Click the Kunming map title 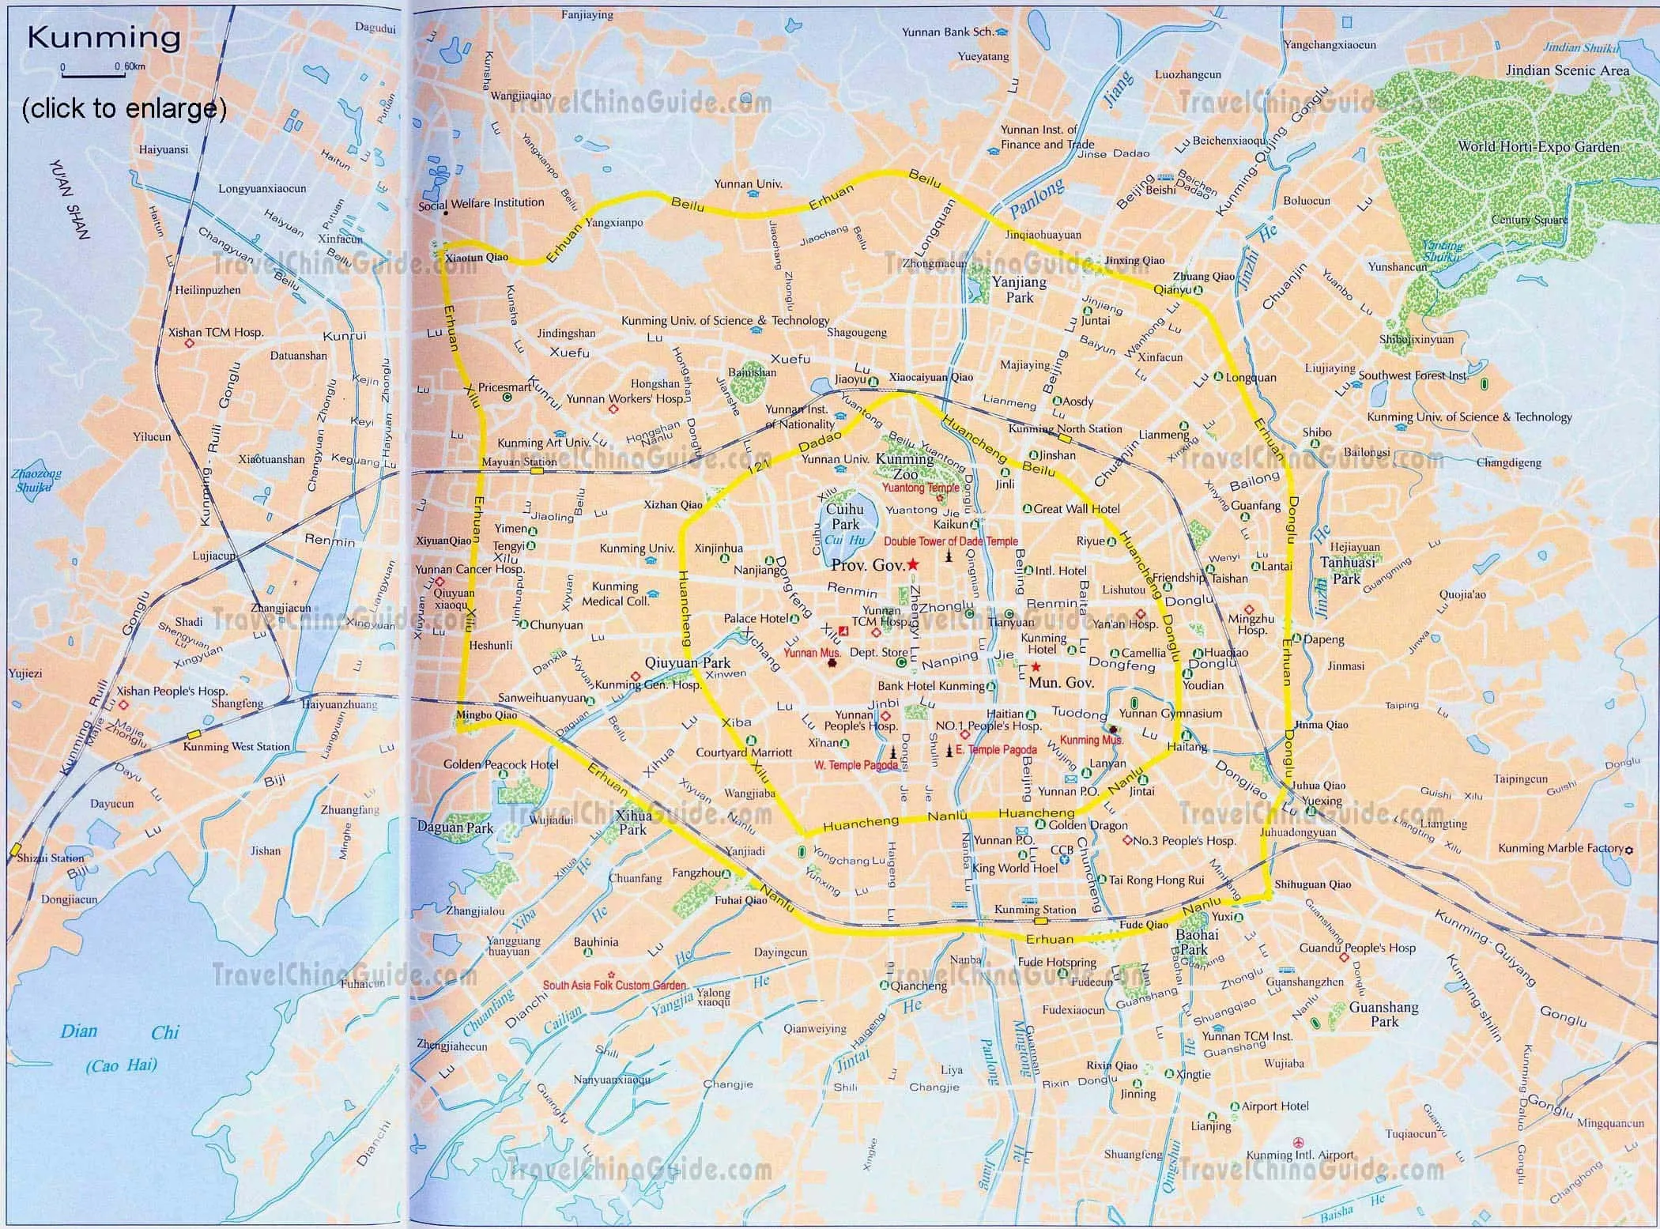[104, 37]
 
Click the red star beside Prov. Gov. [913, 564]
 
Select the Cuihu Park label [844, 516]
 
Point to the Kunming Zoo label [905, 466]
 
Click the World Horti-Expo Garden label [1538, 146]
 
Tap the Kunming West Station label [236, 746]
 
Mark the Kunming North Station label [1065, 428]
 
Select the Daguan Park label [455, 828]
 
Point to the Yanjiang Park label [1019, 289]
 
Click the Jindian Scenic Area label [1567, 70]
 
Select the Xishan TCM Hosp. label [216, 333]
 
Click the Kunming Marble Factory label [1560, 848]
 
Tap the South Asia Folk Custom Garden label [614, 986]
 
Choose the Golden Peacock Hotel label [500, 764]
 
